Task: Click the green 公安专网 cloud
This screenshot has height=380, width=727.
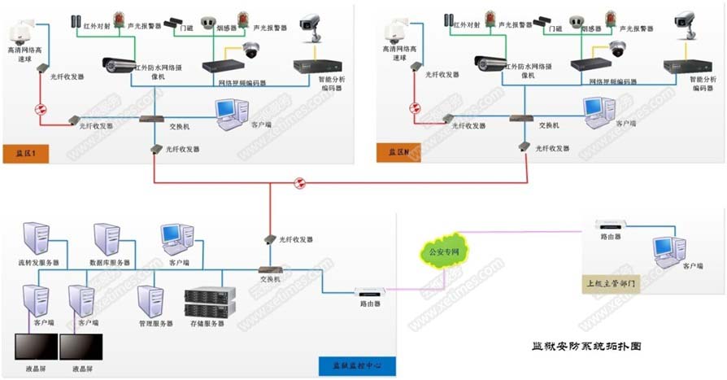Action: pos(442,253)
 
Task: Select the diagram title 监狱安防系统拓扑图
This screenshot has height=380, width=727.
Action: pos(581,346)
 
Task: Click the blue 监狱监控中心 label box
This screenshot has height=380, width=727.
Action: pos(359,366)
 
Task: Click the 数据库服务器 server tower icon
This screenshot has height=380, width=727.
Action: pos(107,238)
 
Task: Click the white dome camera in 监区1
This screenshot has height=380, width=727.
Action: pos(18,34)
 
